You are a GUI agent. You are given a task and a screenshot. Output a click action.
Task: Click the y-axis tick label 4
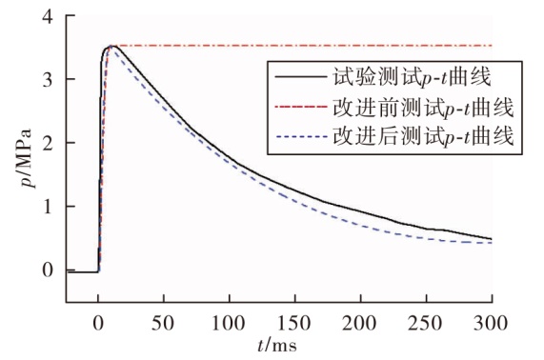pos(48,16)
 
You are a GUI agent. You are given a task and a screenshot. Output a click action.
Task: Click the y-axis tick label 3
pos(48,80)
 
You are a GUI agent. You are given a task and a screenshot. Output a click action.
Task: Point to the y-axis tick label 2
pos(48,143)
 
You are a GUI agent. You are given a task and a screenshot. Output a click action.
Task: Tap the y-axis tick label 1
pos(49,207)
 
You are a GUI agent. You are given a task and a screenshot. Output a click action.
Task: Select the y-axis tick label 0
pos(48,270)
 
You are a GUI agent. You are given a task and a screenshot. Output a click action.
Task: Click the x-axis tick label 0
pos(98,323)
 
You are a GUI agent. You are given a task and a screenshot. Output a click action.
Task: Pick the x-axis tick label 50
pos(163,323)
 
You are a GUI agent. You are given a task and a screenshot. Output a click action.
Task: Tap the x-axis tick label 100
pos(229,323)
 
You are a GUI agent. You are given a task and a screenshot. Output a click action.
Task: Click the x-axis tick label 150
pos(294,323)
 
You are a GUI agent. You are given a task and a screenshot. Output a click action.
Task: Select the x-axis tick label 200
pos(359,323)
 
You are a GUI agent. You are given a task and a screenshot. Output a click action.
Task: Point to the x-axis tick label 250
pos(425,323)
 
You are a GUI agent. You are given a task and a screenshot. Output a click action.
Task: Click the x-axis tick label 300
pos(491,323)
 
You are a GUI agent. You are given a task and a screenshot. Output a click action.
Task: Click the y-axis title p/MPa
pos(27,158)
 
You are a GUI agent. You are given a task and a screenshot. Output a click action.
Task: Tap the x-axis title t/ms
pos(277,346)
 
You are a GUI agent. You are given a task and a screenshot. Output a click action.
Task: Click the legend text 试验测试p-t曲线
pos(413,77)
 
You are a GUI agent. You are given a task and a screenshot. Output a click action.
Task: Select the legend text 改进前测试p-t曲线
pos(423,108)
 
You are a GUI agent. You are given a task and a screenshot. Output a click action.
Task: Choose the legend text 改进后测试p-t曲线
pos(423,136)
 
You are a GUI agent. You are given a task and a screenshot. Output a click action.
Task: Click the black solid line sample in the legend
pos(301,76)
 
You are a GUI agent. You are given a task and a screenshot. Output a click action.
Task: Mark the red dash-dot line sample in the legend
pos(301,107)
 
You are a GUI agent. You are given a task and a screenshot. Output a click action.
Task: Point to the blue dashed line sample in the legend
pos(301,136)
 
